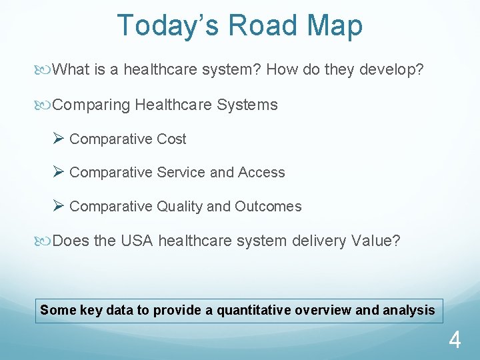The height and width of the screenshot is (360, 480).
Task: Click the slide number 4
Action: tap(454, 341)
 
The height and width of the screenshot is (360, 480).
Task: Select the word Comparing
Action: tap(91, 105)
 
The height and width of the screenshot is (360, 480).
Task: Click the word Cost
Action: tap(171, 139)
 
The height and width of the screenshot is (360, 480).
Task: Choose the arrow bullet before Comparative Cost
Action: tap(58, 139)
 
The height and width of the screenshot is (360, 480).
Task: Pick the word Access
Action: tap(261, 173)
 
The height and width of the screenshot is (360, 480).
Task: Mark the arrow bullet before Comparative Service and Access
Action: tap(58, 172)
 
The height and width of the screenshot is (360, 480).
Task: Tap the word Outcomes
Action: tap(268, 207)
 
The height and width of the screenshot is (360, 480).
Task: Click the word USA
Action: tap(137, 241)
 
